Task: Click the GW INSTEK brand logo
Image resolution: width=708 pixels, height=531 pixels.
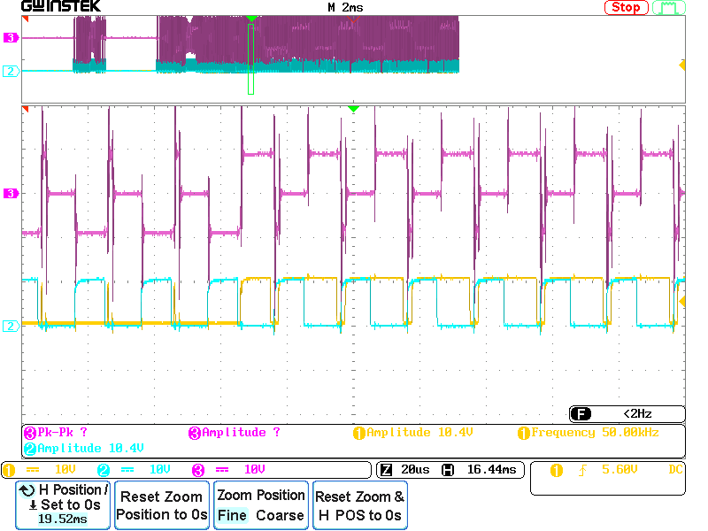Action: pos(61,7)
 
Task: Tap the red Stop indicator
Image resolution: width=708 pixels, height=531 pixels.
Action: pos(626,7)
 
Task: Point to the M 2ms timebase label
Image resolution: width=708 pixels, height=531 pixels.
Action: pos(345,7)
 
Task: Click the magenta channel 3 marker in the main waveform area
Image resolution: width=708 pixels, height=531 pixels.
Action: pos(12,193)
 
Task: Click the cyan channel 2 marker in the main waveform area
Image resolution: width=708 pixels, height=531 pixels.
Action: pos(12,326)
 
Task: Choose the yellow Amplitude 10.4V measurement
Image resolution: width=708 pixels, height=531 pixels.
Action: pos(413,433)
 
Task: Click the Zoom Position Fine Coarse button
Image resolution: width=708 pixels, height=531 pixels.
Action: pos(261,505)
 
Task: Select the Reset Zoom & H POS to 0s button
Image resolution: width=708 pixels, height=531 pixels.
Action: pos(359,505)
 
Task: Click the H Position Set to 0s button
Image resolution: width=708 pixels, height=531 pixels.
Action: pos(64,505)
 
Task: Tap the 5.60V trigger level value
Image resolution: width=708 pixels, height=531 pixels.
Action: pos(619,470)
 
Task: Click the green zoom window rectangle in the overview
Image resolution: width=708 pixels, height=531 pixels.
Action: pos(250,58)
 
